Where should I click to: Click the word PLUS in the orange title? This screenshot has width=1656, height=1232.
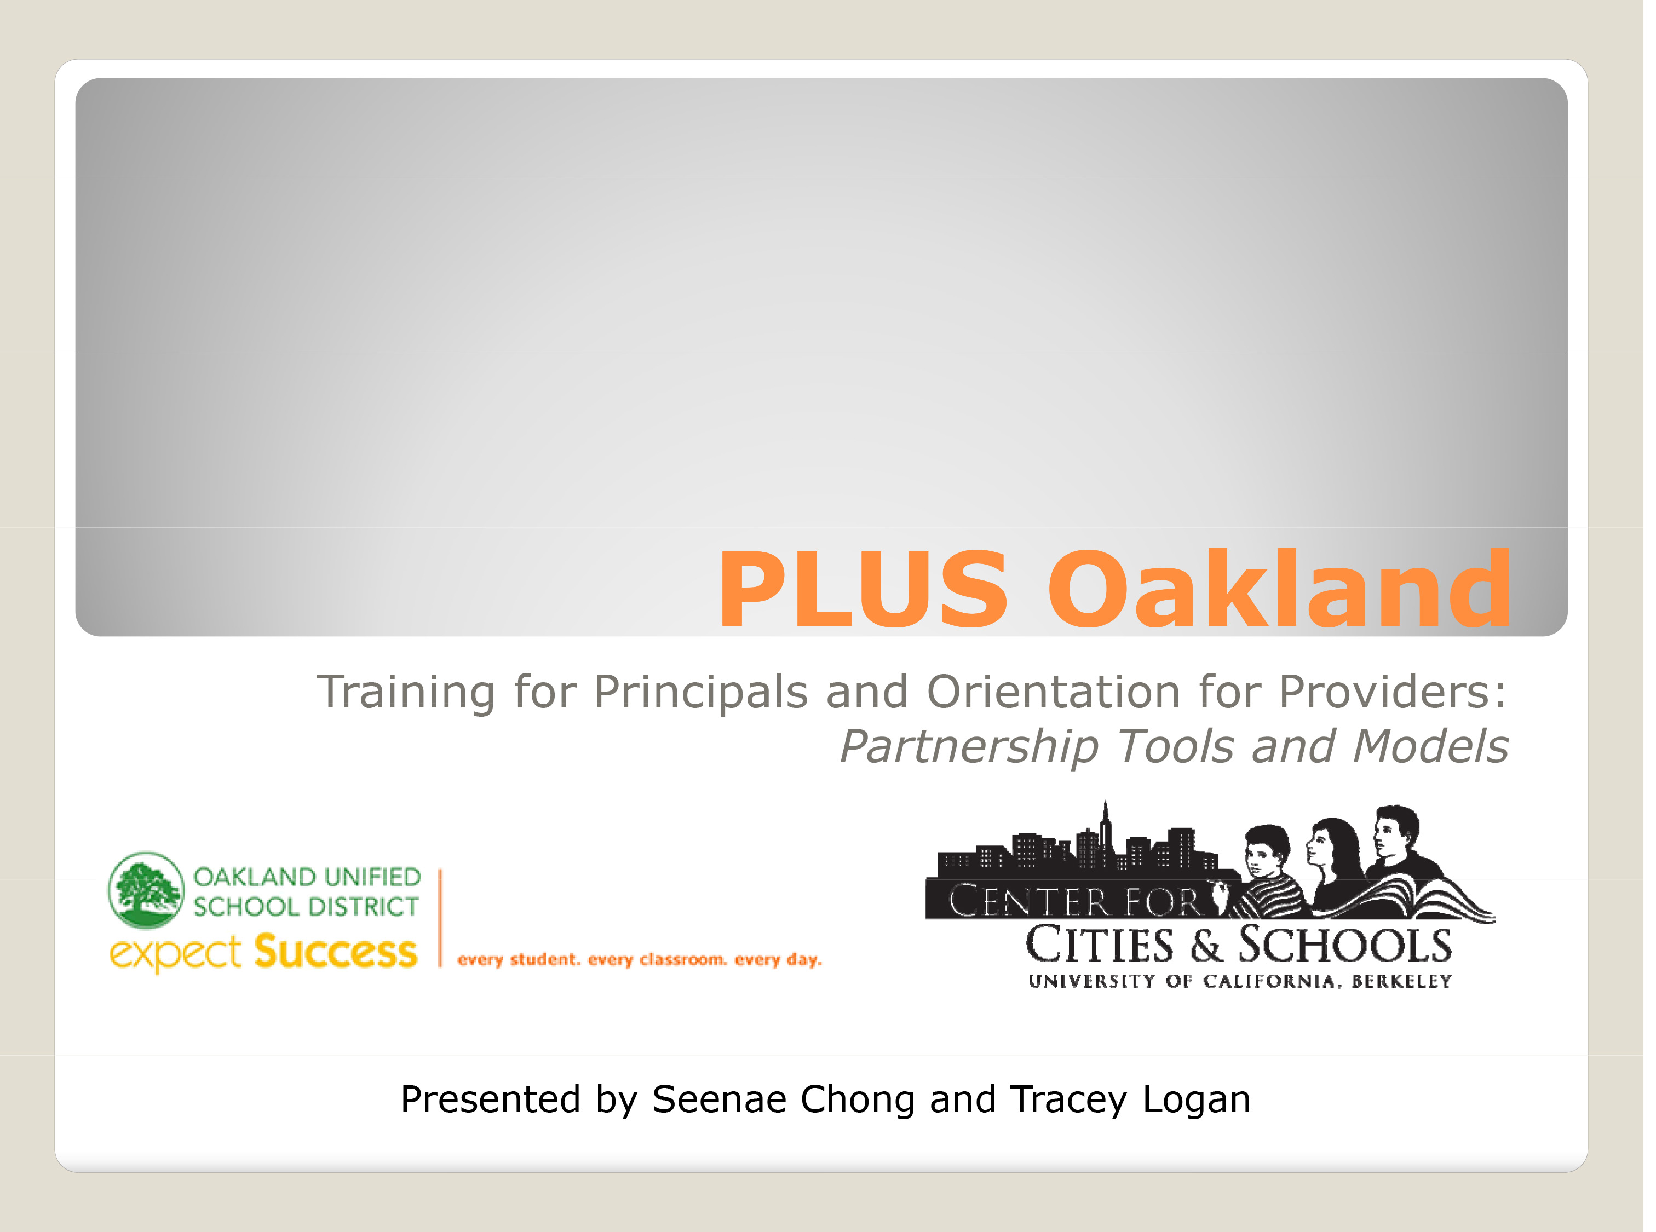[863, 589]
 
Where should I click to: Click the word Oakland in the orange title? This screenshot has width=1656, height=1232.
[1280, 587]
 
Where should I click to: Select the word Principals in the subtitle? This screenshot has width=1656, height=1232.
[700, 693]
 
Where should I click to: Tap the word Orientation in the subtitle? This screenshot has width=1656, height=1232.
[1053, 692]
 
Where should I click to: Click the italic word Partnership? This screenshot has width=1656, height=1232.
[969, 747]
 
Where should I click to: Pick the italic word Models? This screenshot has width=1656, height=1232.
[1430, 746]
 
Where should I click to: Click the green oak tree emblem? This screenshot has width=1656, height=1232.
[146, 890]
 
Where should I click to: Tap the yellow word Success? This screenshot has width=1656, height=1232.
[336, 952]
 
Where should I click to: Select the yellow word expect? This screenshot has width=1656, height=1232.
[175, 954]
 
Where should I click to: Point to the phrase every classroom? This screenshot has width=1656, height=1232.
[657, 960]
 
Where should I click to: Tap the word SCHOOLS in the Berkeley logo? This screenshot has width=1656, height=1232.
[1345, 945]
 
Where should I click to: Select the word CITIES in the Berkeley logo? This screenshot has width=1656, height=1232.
[1100, 945]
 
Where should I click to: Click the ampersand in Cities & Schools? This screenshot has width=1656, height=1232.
[1206, 946]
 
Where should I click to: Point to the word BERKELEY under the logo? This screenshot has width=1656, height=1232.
[1402, 981]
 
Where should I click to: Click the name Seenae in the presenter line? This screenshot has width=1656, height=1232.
[719, 1100]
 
